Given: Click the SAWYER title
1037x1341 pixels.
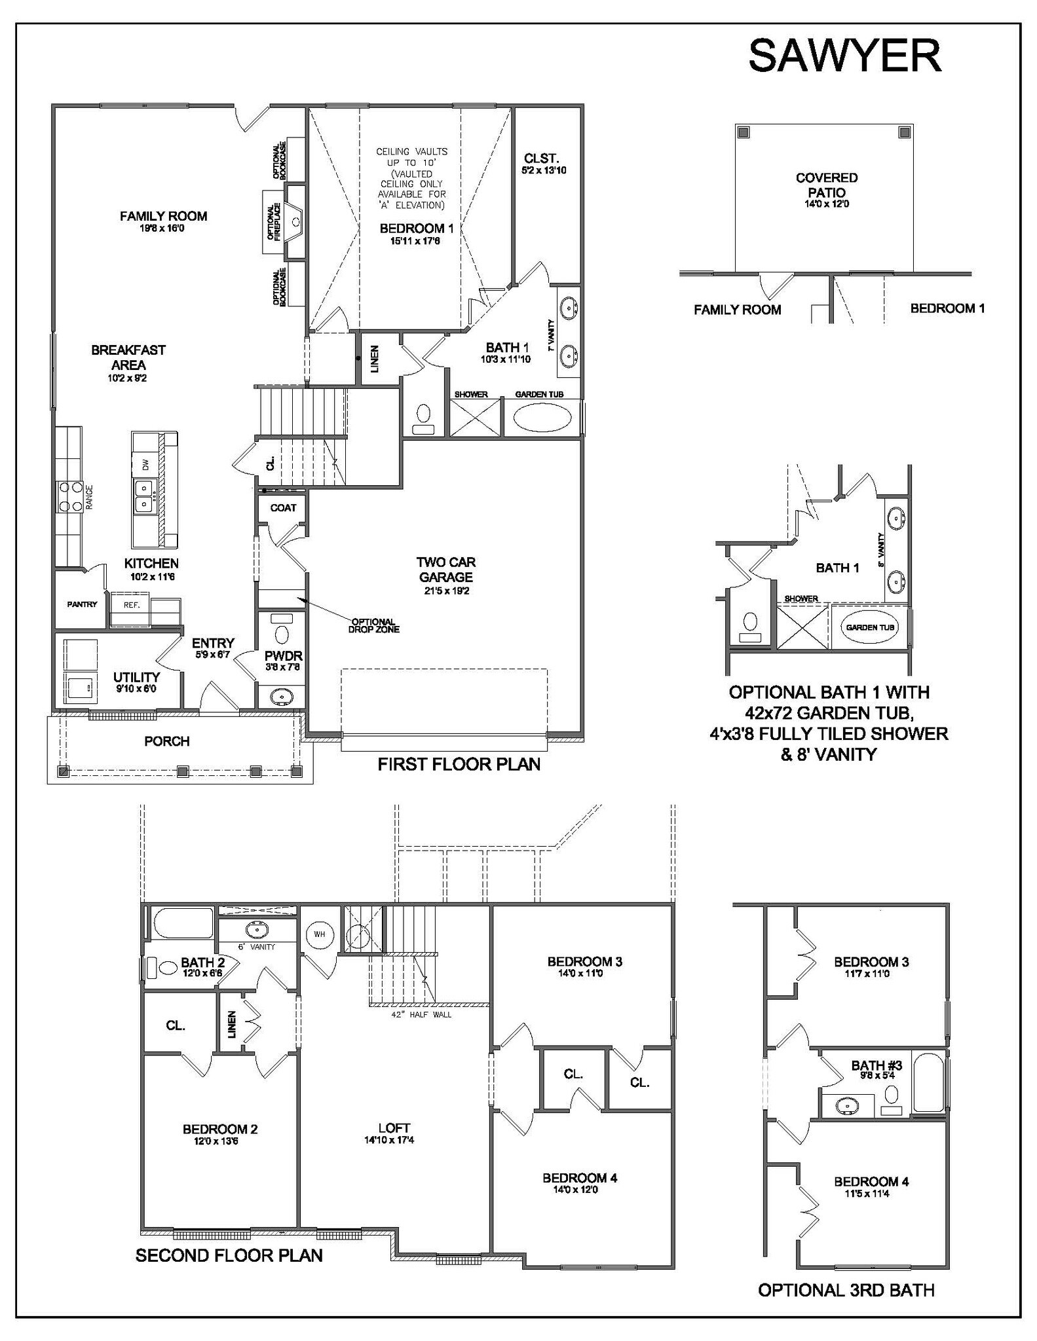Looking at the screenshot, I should click(x=844, y=56).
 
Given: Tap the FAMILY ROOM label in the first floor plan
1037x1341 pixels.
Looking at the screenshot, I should click(x=163, y=216).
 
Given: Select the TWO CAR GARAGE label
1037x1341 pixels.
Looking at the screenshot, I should click(x=446, y=569).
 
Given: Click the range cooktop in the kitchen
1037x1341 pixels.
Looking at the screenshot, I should click(x=71, y=496).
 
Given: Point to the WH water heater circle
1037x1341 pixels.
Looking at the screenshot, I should click(x=320, y=934).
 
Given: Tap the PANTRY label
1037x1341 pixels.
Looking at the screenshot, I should click(x=82, y=604).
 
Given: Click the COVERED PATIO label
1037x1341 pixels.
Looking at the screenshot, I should click(x=826, y=185).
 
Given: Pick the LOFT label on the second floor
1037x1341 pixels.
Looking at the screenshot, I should click(x=394, y=1128).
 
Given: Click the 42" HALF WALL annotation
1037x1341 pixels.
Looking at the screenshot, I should click(x=421, y=1014).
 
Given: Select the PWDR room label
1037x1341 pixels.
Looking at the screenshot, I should click(x=283, y=655).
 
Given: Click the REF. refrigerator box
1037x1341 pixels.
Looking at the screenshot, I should click(x=131, y=606).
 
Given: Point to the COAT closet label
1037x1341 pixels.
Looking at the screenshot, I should click(x=283, y=507).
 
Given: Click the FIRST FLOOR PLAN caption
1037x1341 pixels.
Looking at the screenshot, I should click(x=459, y=764).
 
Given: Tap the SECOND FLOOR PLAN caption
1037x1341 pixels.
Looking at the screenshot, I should click(x=229, y=1255).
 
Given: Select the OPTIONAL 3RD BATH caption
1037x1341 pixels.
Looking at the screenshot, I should click(x=846, y=1290).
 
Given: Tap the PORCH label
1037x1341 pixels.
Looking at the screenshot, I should click(x=167, y=741).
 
